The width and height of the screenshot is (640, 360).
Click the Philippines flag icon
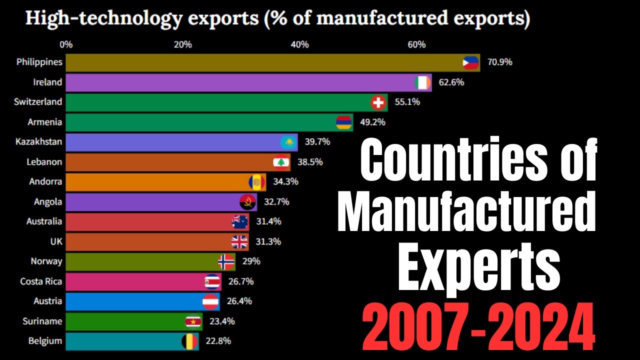click(x=470, y=62)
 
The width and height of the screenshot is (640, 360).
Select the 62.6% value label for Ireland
click(x=451, y=82)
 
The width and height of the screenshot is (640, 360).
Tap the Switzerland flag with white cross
click(x=378, y=102)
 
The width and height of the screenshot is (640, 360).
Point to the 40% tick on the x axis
click(x=299, y=44)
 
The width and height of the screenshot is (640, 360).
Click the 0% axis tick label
click(x=66, y=44)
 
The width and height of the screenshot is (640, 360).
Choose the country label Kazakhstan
click(x=39, y=142)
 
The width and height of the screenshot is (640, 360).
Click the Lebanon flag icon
click(x=281, y=162)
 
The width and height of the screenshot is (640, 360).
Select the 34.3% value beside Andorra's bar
click(x=286, y=181)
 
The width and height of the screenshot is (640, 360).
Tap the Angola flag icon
click(x=248, y=202)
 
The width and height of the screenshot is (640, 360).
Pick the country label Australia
click(x=44, y=221)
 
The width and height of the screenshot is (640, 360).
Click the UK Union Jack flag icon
click(x=239, y=242)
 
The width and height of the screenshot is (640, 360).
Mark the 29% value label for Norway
click(x=251, y=261)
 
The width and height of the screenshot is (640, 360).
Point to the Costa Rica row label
click(x=41, y=281)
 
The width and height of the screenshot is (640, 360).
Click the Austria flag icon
click(x=210, y=301)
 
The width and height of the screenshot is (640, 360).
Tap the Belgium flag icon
click(x=189, y=341)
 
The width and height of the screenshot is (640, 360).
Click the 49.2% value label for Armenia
click(x=372, y=122)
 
